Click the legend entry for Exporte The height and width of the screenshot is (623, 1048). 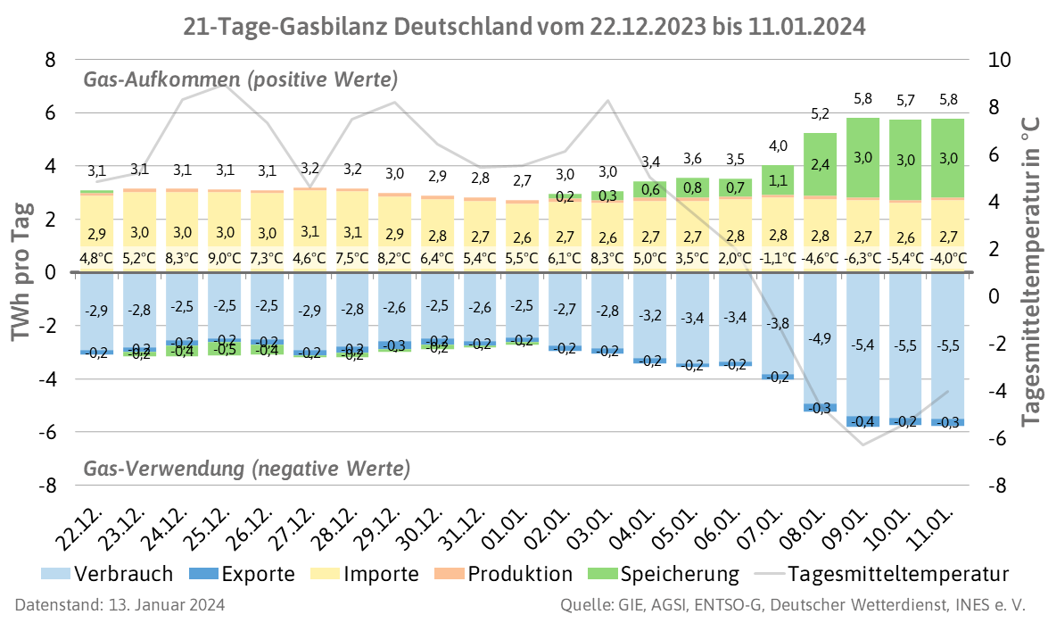245,573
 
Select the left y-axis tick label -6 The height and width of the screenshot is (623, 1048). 44,433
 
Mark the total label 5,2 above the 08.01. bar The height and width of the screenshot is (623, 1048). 820,114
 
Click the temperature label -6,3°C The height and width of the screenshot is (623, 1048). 862,260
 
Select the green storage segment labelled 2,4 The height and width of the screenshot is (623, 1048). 820,164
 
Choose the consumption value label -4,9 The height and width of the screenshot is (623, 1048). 820,339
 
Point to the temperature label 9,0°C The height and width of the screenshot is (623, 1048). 225,260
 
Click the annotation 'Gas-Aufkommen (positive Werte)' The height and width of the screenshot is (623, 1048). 241,80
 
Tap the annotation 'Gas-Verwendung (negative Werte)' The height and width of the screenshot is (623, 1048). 247,469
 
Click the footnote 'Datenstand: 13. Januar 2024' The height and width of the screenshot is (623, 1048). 120,605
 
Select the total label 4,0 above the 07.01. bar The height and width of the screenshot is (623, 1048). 778,145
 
